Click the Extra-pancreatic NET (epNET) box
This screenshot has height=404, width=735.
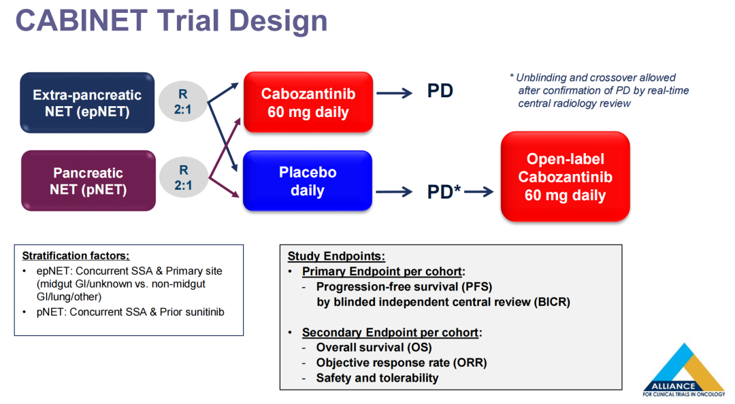(87, 103)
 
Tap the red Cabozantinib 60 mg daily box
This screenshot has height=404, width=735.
(308, 103)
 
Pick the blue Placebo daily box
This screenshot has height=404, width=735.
(308, 181)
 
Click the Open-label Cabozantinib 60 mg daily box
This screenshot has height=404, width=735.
(565, 177)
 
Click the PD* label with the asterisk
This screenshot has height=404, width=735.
(444, 192)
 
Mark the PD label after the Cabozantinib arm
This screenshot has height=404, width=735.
(440, 91)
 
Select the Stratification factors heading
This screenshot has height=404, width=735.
(76, 256)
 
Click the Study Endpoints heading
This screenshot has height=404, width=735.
(336, 256)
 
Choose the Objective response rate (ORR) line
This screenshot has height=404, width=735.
(402, 363)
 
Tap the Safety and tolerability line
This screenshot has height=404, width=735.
(377, 377)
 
